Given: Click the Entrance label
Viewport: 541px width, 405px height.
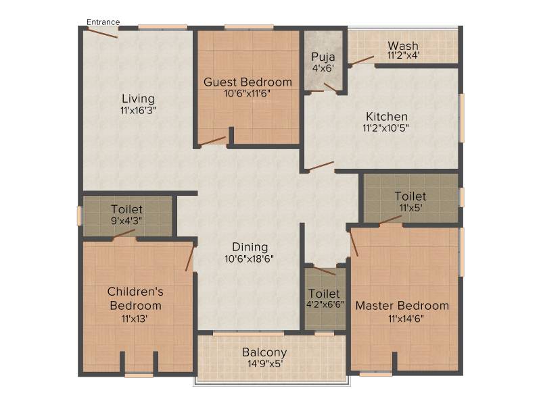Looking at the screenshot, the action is pyautogui.click(x=103, y=22).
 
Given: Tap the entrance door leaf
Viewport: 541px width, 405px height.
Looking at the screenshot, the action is pyautogui.click(x=102, y=33).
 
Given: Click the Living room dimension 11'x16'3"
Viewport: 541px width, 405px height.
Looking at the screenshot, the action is pyautogui.click(x=139, y=111).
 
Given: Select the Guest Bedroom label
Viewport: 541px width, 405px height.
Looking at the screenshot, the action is pyautogui.click(x=248, y=82).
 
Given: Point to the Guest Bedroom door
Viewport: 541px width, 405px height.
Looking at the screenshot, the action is pyautogui.click(x=213, y=140).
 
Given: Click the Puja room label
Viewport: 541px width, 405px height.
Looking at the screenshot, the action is pyautogui.click(x=323, y=57).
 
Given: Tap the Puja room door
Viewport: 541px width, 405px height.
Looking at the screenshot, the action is pyautogui.click(x=330, y=87).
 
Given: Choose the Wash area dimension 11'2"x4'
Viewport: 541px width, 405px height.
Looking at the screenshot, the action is pyautogui.click(x=403, y=55).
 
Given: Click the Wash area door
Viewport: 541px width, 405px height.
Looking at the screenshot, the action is pyautogui.click(x=360, y=60).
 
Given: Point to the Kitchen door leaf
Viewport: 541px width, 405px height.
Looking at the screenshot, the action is pyautogui.click(x=321, y=166).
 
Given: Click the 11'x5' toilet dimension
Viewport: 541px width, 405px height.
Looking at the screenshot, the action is pyautogui.click(x=410, y=208).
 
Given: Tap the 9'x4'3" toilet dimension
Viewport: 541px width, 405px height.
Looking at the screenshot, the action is pyautogui.click(x=126, y=221).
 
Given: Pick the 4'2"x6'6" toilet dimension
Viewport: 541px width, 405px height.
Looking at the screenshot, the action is pyautogui.click(x=325, y=304).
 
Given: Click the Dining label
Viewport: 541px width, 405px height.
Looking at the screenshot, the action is pyautogui.click(x=250, y=246).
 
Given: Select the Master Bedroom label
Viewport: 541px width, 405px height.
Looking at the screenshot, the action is pyautogui.click(x=402, y=306).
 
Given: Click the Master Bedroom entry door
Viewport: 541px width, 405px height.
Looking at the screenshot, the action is pyautogui.click(x=354, y=244).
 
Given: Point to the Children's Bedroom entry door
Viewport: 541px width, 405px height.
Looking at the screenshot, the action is pyautogui.click(x=189, y=259).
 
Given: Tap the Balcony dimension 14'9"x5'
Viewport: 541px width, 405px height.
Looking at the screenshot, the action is pyautogui.click(x=264, y=364).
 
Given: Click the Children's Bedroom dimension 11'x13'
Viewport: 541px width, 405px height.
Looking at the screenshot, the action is pyautogui.click(x=135, y=319).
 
